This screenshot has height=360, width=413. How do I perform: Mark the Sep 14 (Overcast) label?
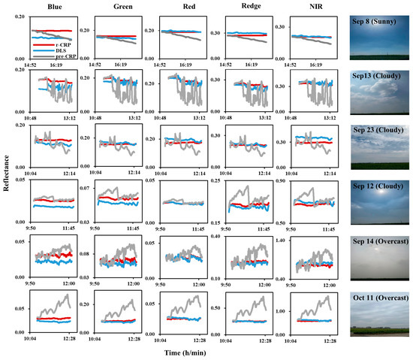(x=379, y=243)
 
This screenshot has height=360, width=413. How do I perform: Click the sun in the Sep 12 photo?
(x=378, y=209)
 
